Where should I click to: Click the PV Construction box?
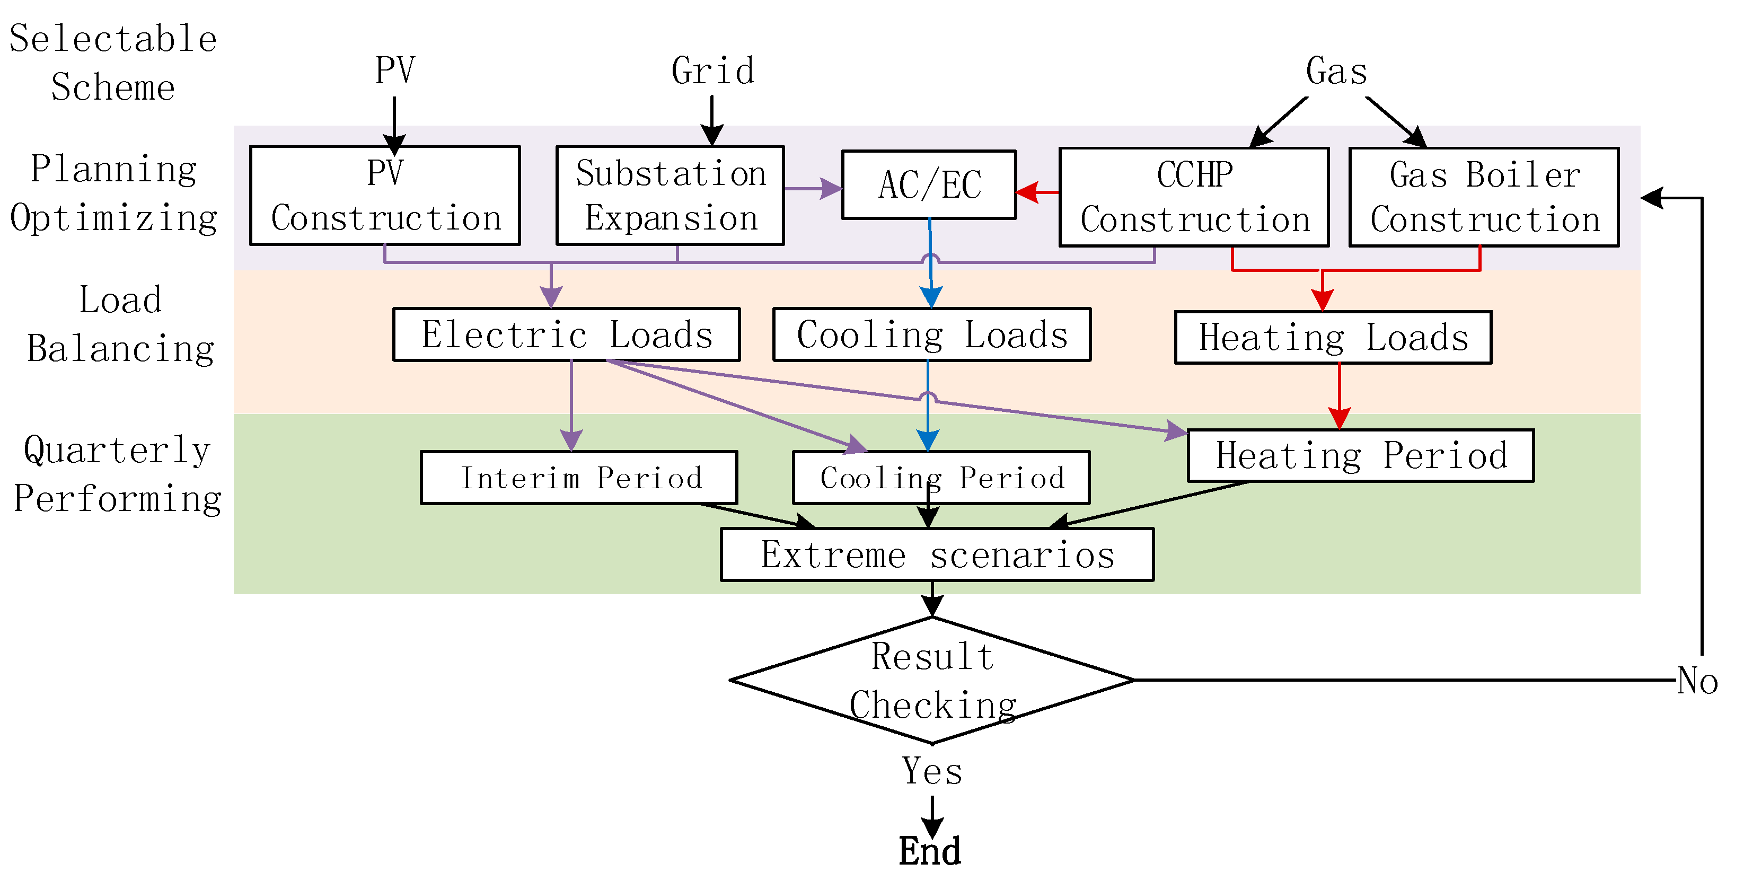click(384, 195)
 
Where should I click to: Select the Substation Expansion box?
click(670, 195)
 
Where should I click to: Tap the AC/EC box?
click(929, 184)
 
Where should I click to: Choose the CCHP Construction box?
click(1194, 196)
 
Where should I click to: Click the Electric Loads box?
click(566, 334)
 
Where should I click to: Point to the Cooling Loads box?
click(931, 334)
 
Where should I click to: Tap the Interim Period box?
click(579, 478)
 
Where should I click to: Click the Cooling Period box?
click(941, 478)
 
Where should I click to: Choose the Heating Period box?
click(1360, 455)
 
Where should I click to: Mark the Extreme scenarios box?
click(937, 554)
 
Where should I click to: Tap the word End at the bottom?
click(930, 851)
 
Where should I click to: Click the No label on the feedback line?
click(1697, 681)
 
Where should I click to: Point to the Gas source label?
click(1336, 71)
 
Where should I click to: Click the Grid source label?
click(712, 71)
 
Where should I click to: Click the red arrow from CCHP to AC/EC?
click(1037, 192)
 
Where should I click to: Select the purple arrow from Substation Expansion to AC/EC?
click(813, 188)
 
